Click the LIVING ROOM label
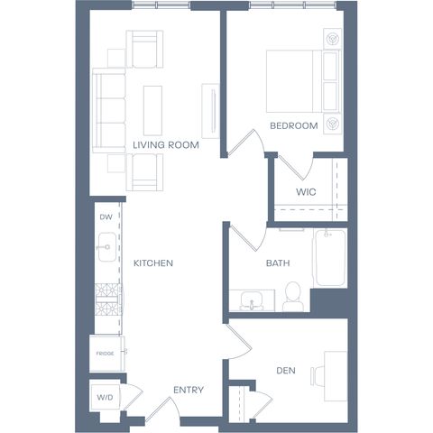(166, 145)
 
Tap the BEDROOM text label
(294, 125)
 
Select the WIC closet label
(306, 192)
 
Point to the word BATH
(278, 263)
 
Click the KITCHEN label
(153, 263)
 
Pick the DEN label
(286, 371)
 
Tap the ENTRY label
(189, 390)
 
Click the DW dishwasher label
(106, 217)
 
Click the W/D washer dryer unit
(106, 397)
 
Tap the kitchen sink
(107, 247)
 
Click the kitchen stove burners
(106, 299)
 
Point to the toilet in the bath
(292, 297)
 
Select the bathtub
(330, 258)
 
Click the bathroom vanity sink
(252, 300)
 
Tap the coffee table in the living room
(152, 110)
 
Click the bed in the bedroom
(303, 81)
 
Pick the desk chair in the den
(318, 376)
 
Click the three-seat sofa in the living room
(109, 111)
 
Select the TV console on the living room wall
(210, 111)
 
